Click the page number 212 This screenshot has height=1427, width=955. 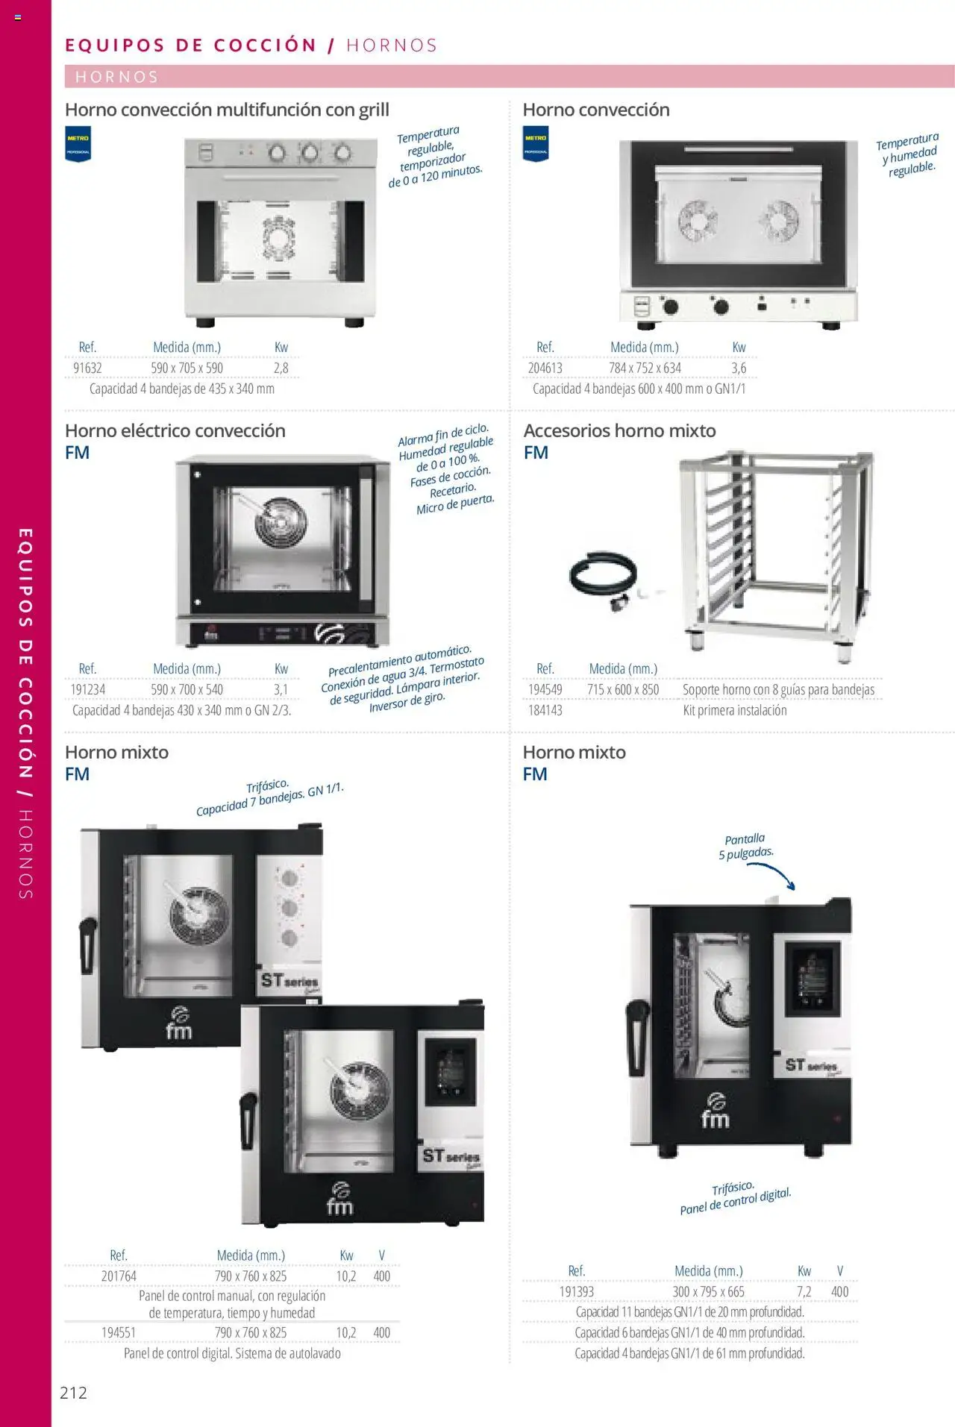point(73,1392)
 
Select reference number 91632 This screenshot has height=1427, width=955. point(87,368)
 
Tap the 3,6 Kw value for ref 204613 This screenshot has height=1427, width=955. point(739,368)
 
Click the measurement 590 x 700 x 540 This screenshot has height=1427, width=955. point(187,689)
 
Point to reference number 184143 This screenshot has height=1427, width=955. point(545,710)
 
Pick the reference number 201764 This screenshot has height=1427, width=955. point(119,1276)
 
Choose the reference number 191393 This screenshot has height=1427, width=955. point(577,1291)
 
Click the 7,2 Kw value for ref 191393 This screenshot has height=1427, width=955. point(804,1291)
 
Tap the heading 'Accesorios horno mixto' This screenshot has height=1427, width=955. point(619,430)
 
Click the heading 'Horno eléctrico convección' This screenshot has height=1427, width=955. point(175,430)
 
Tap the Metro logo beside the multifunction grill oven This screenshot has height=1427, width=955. point(78,145)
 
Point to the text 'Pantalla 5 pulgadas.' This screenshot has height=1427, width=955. point(746,846)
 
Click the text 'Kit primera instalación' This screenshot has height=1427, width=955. point(735,710)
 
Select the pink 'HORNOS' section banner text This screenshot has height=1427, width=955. point(116,77)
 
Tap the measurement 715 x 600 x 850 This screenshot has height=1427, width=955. point(623,689)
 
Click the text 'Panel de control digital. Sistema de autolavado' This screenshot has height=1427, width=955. point(232,1352)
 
